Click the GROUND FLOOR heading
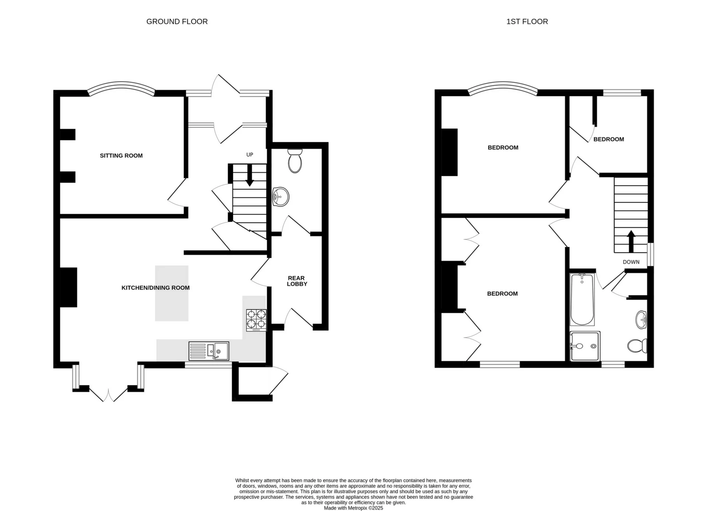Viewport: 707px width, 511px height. click(177, 22)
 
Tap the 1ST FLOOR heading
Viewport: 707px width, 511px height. click(527, 22)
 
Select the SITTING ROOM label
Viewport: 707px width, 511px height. click(121, 156)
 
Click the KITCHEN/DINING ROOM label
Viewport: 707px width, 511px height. click(155, 288)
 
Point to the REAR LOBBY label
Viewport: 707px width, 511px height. click(297, 281)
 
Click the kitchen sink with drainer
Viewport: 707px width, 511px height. click(209, 351)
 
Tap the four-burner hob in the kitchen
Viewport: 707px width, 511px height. click(256, 319)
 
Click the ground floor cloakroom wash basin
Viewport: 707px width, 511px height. click(281, 197)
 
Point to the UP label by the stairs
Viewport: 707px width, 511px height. click(250, 155)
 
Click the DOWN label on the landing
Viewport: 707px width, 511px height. click(631, 262)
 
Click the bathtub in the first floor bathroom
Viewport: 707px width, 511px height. click(582, 299)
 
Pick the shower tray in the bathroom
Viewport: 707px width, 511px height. click(585, 346)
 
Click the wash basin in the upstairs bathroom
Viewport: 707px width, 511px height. click(641, 320)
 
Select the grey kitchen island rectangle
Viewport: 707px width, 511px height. click(172, 293)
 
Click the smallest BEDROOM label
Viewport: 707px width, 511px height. click(608, 139)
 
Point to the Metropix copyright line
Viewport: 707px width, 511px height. click(353, 508)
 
